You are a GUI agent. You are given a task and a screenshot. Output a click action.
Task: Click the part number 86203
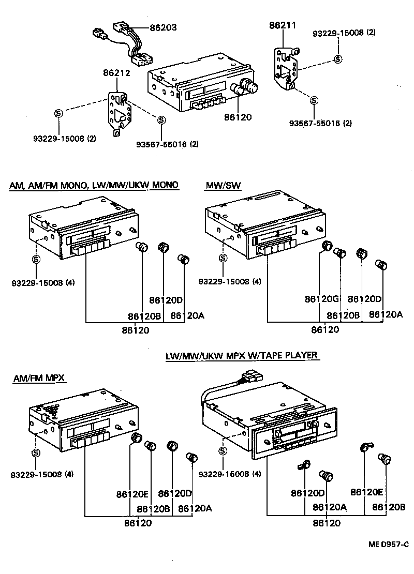163,28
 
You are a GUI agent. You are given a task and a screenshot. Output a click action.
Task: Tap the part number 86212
116,73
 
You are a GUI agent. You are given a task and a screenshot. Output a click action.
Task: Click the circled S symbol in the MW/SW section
223,258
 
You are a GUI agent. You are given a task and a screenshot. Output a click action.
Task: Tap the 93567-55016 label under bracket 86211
315,123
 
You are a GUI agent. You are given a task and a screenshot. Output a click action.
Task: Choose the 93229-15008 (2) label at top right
345,33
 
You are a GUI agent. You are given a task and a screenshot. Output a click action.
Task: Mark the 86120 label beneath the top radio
238,117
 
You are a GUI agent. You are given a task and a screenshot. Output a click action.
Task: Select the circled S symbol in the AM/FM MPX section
36,452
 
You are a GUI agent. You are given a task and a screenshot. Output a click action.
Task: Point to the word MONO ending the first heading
165,185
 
